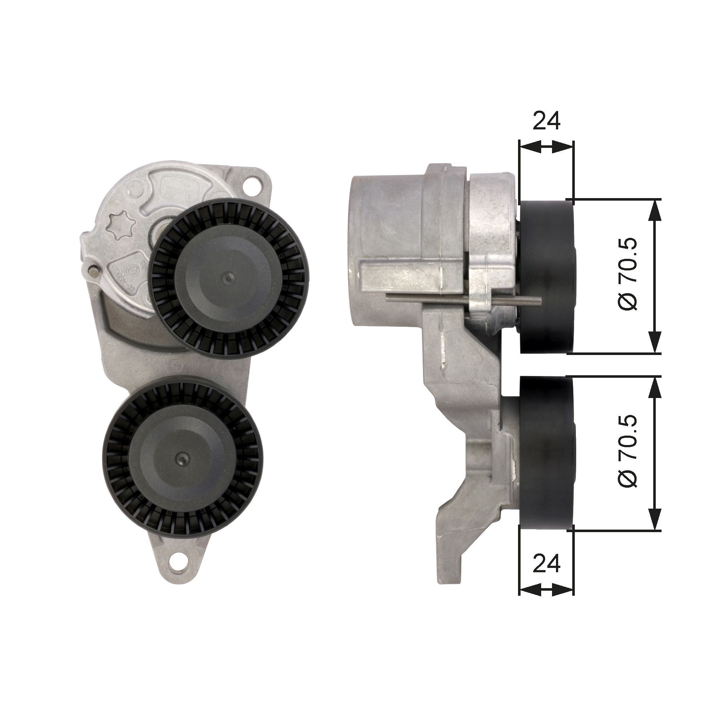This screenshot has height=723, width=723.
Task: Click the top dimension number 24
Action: pyautogui.click(x=546, y=120)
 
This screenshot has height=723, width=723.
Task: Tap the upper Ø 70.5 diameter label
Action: pyautogui.click(x=627, y=275)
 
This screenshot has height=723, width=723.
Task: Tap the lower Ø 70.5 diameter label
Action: pyautogui.click(x=627, y=451)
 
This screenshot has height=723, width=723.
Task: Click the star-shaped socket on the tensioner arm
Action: pyautogui.click(x=120, y=226)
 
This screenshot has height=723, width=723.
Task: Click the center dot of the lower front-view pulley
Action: pyautogui.click(x=182, y=457)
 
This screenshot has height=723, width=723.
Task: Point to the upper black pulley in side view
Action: pyautogui.click(x=546, y=277)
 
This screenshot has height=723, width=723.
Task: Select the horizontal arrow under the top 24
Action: pyautogui.click(x=546, y=147)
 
